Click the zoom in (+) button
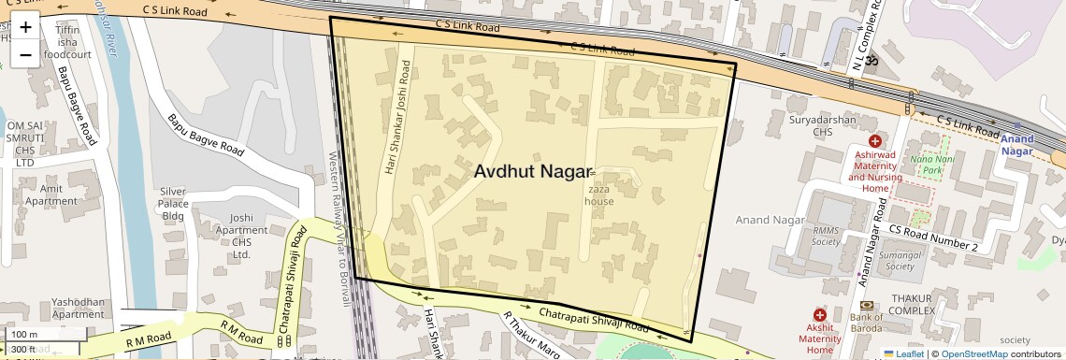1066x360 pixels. coord(25,26)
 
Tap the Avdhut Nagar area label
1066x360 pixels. coord(533,172)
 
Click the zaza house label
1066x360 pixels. coord(599,194)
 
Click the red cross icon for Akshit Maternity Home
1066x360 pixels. coord(820,316)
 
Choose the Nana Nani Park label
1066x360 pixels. coord(927,165)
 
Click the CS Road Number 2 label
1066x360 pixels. coord(932,238)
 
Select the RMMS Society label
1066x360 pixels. coord(826,235)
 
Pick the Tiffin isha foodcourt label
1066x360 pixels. coord(66,41)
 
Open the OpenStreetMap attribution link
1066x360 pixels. coord(974,353)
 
